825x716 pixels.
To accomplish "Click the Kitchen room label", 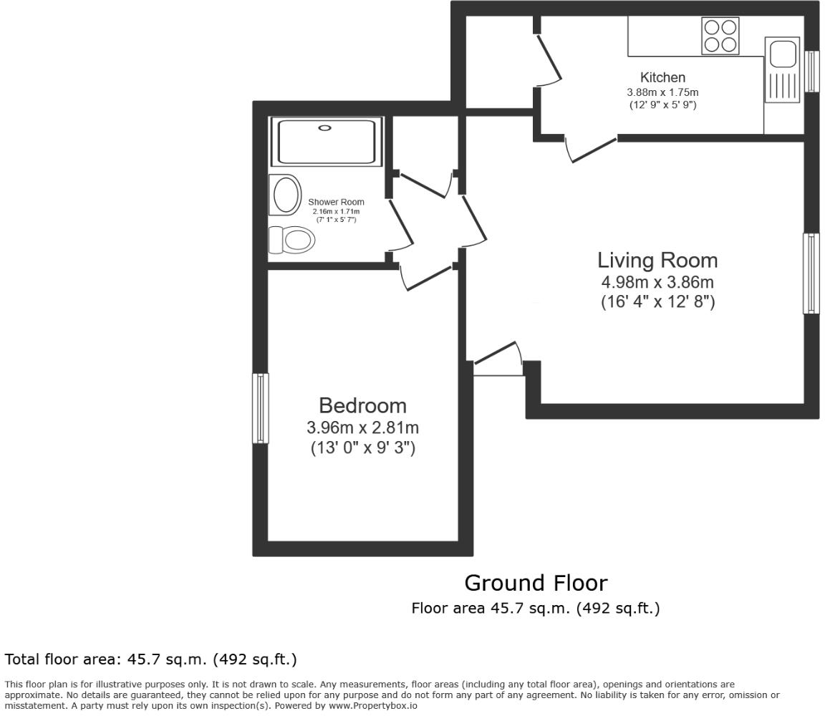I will [x=662, y=77].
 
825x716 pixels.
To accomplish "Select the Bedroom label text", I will [x=362, y=405].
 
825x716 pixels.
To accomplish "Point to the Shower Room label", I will [x=336, y=202].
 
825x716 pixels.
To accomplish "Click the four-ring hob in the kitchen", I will [x=720, y=35].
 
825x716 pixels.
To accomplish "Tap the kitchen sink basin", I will [x=781, y=53].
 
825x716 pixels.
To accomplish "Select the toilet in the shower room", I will [x=294, y=240].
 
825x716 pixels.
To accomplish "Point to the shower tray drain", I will [x=325, y=128].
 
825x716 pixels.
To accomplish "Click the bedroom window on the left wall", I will [x=260, y=408].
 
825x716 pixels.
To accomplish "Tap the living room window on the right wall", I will [x=811, y=274].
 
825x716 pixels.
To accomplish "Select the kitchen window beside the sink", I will [x=811, y=71].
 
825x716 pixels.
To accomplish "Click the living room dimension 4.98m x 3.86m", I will [x=657, y=282].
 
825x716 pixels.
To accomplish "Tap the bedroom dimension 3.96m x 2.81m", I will [x=362, y=428].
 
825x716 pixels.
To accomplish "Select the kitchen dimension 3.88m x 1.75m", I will [x=662, y=92].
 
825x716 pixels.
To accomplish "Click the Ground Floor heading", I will [x=536, y=583].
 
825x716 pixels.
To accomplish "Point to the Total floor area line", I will [x=150, y=659].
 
